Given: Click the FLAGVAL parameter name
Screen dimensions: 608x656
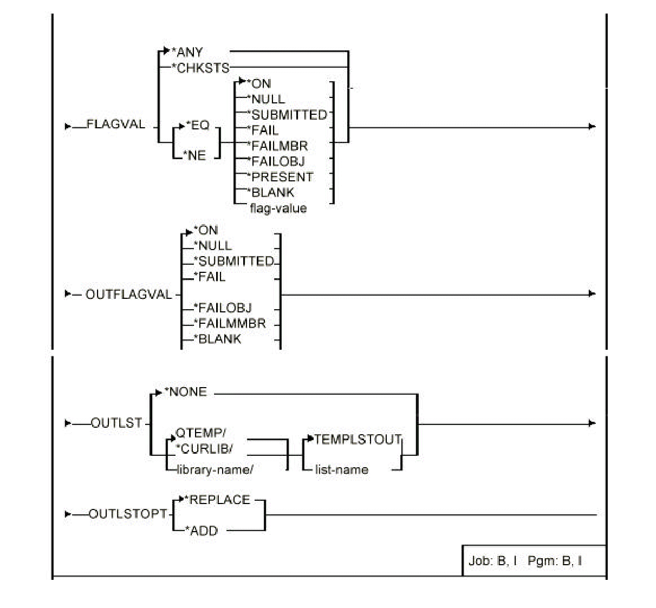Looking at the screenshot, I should click(115, 125).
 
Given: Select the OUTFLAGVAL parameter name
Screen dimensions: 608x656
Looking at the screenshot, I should click(128, 295).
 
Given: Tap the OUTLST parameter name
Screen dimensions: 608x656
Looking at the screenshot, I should click(116, 423).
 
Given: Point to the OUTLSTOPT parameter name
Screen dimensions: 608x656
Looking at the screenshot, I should click(128, 514).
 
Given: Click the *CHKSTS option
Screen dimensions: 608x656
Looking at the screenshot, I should click(200, 68).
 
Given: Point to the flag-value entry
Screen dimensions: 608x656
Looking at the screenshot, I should click(278, 208).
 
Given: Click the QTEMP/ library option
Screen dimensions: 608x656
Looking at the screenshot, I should click(201, 433).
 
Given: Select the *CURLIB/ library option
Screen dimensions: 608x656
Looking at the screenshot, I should click(203, 449).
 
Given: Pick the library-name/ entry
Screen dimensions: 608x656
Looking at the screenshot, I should click(215, 469).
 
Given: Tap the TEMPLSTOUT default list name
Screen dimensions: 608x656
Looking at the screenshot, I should click(358, 440).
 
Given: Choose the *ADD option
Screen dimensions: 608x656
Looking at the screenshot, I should click(201, 531).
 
